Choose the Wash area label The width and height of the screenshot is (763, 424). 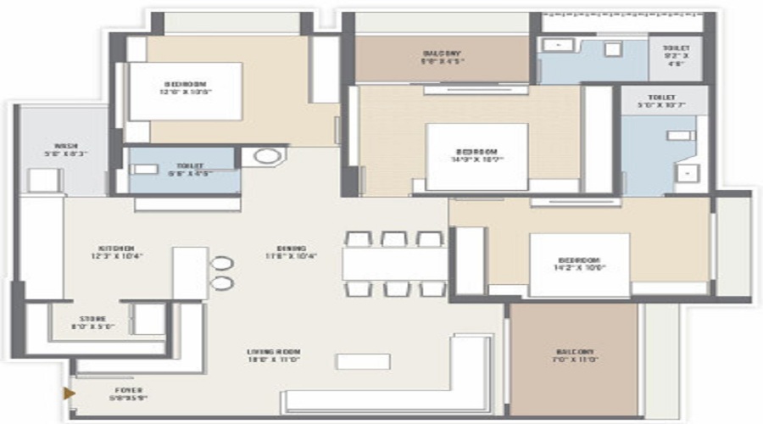(x=65, y=149)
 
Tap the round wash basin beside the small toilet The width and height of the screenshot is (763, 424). (x=267, y=156)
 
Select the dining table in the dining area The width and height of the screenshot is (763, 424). (x=394, y=262)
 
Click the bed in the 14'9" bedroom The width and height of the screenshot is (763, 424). (x=476, y=157)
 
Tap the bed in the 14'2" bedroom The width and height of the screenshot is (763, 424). (x=580, y=265)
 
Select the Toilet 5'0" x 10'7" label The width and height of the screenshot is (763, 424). (x=661, y=103)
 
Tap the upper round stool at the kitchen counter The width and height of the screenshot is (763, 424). (x=223, y=263)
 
